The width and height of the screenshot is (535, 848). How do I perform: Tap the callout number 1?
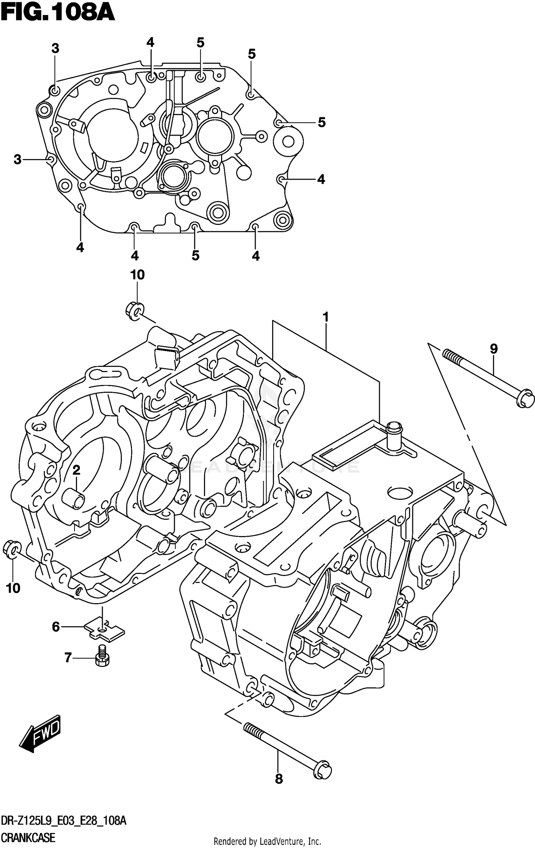point(325,317)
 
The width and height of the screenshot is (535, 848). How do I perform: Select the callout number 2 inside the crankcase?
point(76,471)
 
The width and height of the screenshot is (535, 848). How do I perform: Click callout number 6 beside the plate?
point(56,627)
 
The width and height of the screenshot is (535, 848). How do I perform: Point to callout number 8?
point(279,779)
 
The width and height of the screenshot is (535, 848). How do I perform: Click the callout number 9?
point(493,349)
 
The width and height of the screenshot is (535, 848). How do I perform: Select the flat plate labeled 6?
point(104,632)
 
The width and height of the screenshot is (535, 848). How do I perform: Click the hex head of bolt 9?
point(525,399)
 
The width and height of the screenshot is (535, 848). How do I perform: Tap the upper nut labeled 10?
point(135,310)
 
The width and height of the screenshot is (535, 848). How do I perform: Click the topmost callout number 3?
point(55,48)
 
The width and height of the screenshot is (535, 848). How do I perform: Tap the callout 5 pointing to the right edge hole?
point(321,122)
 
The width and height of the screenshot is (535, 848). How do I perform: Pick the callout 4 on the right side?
point(321,179)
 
